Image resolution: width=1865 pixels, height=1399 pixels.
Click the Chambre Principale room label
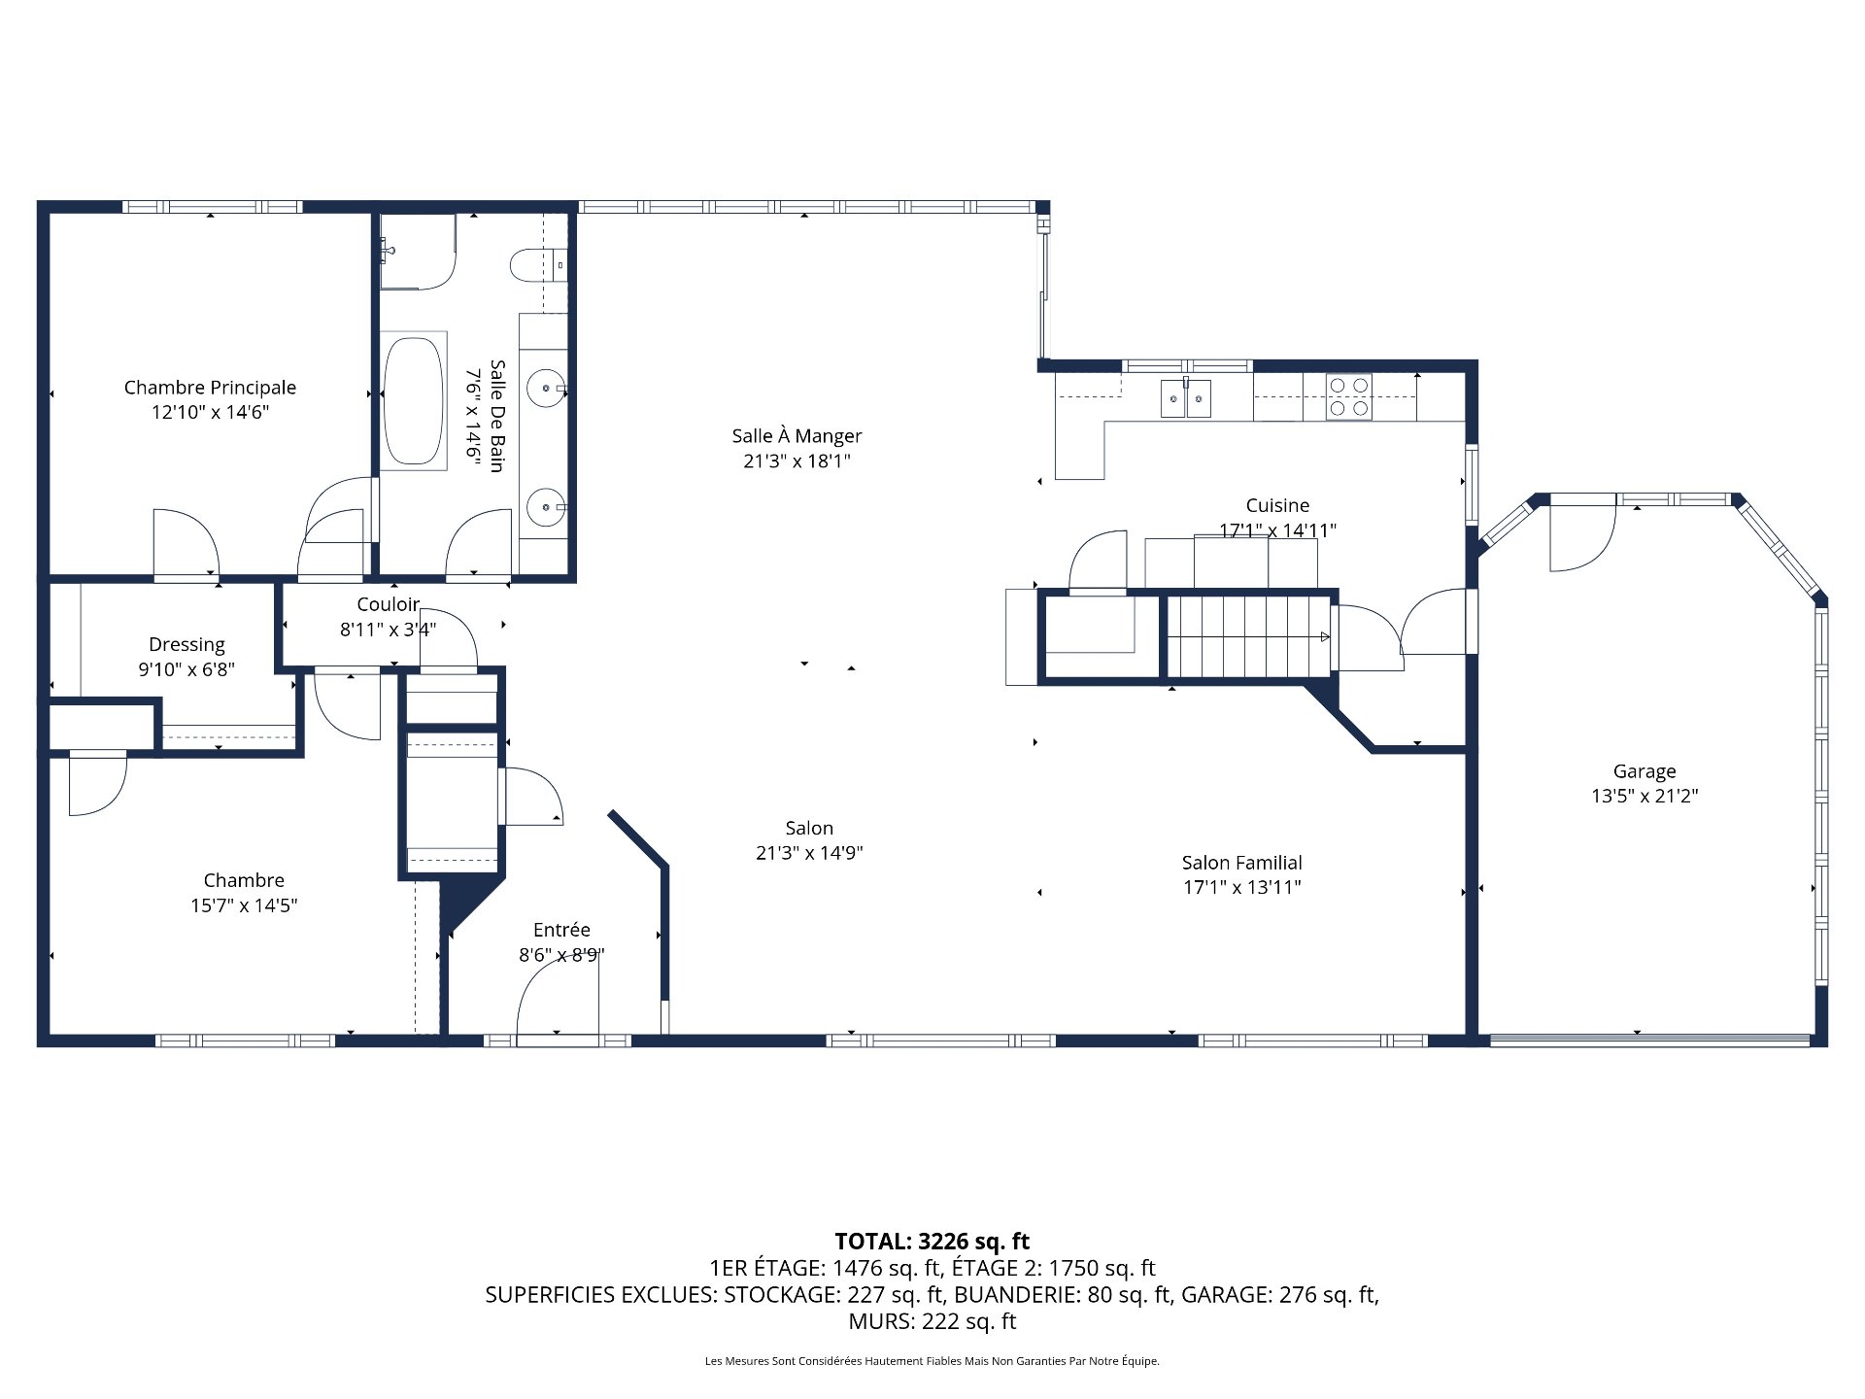210,388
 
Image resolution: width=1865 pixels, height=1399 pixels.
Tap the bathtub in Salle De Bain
413,401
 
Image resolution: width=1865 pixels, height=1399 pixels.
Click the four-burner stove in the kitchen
1348,397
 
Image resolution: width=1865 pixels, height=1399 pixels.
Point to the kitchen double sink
1185,398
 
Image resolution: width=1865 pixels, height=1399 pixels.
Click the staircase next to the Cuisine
1246,636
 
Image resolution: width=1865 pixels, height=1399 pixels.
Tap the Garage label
1644,771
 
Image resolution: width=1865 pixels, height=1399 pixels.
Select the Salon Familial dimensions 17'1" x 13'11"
1241,887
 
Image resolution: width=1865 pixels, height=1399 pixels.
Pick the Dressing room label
186,645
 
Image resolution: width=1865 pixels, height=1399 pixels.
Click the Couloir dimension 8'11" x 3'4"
388,630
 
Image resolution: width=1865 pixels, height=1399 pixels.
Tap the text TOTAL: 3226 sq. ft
932,1241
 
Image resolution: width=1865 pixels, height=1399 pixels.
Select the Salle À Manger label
797,436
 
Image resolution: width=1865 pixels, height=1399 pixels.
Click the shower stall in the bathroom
416,253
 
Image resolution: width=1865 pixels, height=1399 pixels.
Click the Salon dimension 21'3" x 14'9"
809,853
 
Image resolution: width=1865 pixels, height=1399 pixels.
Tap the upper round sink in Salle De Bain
546,389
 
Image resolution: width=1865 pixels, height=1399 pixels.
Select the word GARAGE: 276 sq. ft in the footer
1278,1294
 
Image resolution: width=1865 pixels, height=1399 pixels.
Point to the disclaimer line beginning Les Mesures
932,1361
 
